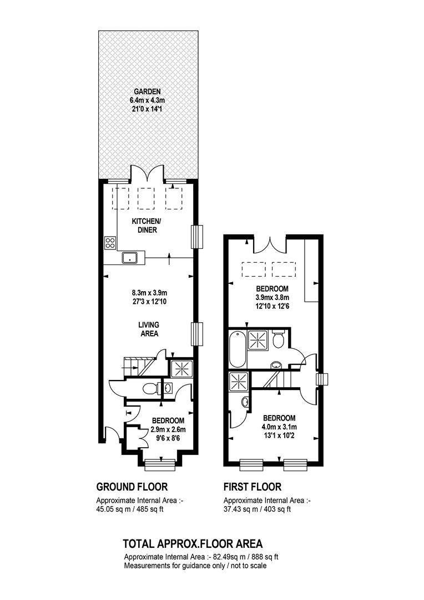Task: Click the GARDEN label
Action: [147, 92]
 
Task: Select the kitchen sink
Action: [130, 258]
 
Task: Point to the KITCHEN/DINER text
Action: [147, 226]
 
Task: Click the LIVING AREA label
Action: [149, 329]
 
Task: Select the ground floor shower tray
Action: [181, 368]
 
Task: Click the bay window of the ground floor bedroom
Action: [160, 464]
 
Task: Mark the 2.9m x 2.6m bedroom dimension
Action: [168, 429]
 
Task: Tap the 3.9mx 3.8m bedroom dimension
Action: [272, 297]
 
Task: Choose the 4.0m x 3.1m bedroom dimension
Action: [279, 427]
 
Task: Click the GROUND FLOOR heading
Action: [132, 487]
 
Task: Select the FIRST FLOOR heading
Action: [253, 487]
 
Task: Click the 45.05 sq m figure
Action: [112, 509]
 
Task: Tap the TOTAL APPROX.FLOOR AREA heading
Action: [193, 544]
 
